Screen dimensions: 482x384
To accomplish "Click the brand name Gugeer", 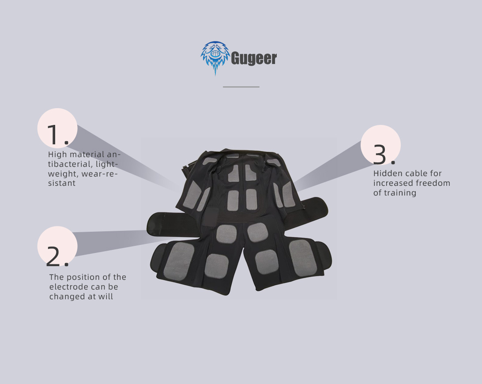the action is point(254,58).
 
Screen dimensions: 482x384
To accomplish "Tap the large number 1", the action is point(57,135).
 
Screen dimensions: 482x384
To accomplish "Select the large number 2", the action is point(57,256).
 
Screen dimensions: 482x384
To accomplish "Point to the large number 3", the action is point(384,154).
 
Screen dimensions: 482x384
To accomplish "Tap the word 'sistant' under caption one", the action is point(62,183).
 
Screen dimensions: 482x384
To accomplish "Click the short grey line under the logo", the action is point(241,87).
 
